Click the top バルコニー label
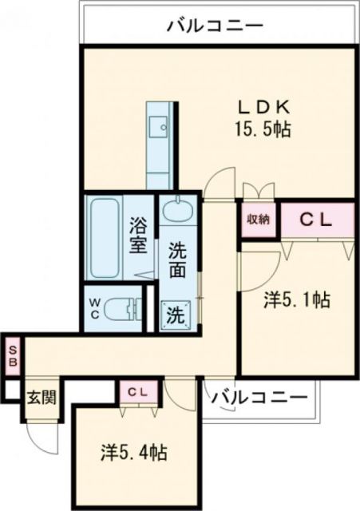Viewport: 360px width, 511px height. pos(215,26)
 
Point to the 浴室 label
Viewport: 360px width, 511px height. pos(138,236)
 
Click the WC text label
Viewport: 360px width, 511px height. pos(94,307)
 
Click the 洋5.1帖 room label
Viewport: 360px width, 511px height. pos(297,301)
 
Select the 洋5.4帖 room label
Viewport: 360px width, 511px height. pos(134,453)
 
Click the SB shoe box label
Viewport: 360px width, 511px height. pos(13,354)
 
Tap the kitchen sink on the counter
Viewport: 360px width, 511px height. pos(160,125)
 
